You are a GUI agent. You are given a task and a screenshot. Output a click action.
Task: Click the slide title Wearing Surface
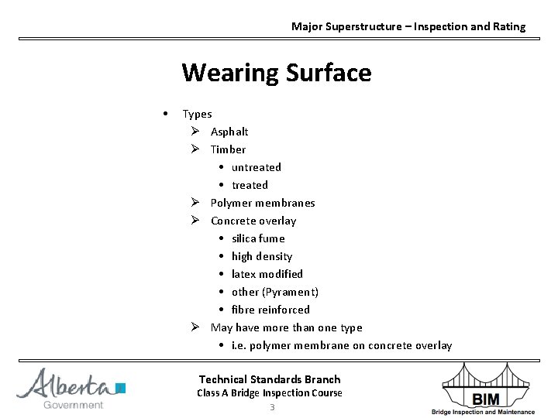coord(276,74)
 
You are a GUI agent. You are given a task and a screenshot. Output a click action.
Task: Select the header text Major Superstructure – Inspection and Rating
coord(408,26)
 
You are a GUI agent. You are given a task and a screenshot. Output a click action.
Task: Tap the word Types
coord(197,114)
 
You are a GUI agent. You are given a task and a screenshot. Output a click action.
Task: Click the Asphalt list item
coord(229,132)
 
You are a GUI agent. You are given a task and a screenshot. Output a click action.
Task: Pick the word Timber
coord(228,149)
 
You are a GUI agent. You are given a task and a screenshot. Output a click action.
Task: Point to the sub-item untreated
coord(256,167)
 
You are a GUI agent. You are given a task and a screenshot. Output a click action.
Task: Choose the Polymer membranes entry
coord(263,203)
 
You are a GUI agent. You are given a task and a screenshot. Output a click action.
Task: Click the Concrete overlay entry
coord(253,221)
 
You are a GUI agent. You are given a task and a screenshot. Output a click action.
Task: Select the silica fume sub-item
coord(258,238)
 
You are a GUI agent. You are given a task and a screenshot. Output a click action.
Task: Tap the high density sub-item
coord(262,256)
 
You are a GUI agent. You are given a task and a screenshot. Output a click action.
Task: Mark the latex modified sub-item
coord(267,274)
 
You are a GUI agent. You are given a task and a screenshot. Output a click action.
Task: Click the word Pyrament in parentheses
coord(291,292)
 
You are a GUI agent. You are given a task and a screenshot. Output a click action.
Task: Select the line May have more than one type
coord(286,327)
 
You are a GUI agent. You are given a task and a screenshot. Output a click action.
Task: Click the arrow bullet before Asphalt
coord(197,132)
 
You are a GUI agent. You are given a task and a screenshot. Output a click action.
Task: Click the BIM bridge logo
coord(492,389)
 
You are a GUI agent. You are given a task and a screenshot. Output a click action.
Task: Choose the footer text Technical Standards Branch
coord(270,379)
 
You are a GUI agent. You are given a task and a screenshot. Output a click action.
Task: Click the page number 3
coord(272,407)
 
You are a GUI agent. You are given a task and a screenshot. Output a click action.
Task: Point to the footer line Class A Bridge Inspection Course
coord(270,393)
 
